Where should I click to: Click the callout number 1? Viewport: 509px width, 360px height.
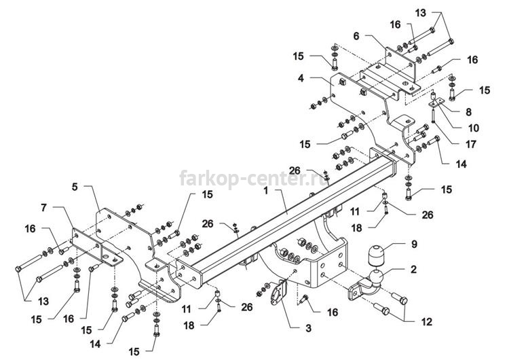[266, 190]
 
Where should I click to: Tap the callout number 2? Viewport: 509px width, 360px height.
[413, 270]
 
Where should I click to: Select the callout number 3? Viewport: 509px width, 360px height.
[308, 328]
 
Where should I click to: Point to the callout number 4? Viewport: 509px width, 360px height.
[301, 78]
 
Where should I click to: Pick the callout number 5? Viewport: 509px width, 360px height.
[75, 187]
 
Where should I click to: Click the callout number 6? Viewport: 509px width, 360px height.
[356, 36]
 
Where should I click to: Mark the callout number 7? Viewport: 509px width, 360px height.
[44, 207]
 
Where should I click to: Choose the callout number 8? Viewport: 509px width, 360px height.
[468, 112]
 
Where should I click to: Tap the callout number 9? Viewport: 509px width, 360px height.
[414, 244]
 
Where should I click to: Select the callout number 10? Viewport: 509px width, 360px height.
[474, 128]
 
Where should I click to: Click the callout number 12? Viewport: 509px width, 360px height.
[427, 322]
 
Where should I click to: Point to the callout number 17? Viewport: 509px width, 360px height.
[471, 144]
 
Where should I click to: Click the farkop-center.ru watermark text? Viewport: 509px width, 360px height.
[254, 179]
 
